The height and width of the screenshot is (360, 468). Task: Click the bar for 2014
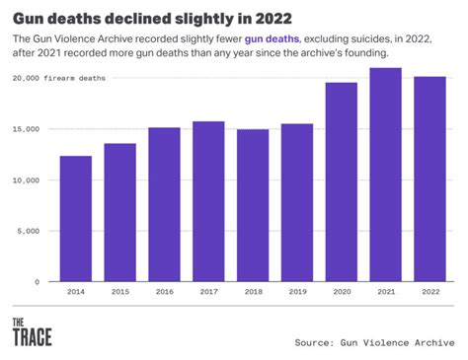click(x=75, y=218)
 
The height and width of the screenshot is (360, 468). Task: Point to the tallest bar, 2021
click(x=385, y=175)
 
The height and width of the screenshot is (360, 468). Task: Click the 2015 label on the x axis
click(x=119, y=293)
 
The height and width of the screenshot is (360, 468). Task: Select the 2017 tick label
click(x=208, y=293)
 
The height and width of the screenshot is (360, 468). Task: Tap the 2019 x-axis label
click(x=296, y=293)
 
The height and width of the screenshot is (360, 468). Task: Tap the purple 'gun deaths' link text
click(x=273, y=37)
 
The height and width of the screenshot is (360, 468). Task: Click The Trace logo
click(x=32, y=331)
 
